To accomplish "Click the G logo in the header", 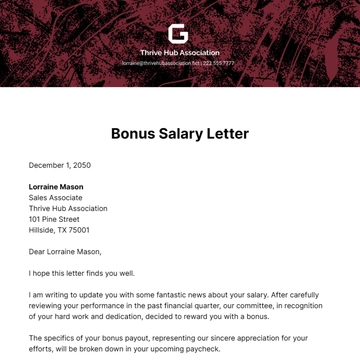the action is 179,34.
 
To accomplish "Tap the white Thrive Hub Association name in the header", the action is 179,52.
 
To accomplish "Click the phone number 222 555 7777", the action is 220,63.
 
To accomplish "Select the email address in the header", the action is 160,63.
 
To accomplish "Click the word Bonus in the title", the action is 135,133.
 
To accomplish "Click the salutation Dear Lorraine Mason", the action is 65,251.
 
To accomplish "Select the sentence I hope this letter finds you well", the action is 81,273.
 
